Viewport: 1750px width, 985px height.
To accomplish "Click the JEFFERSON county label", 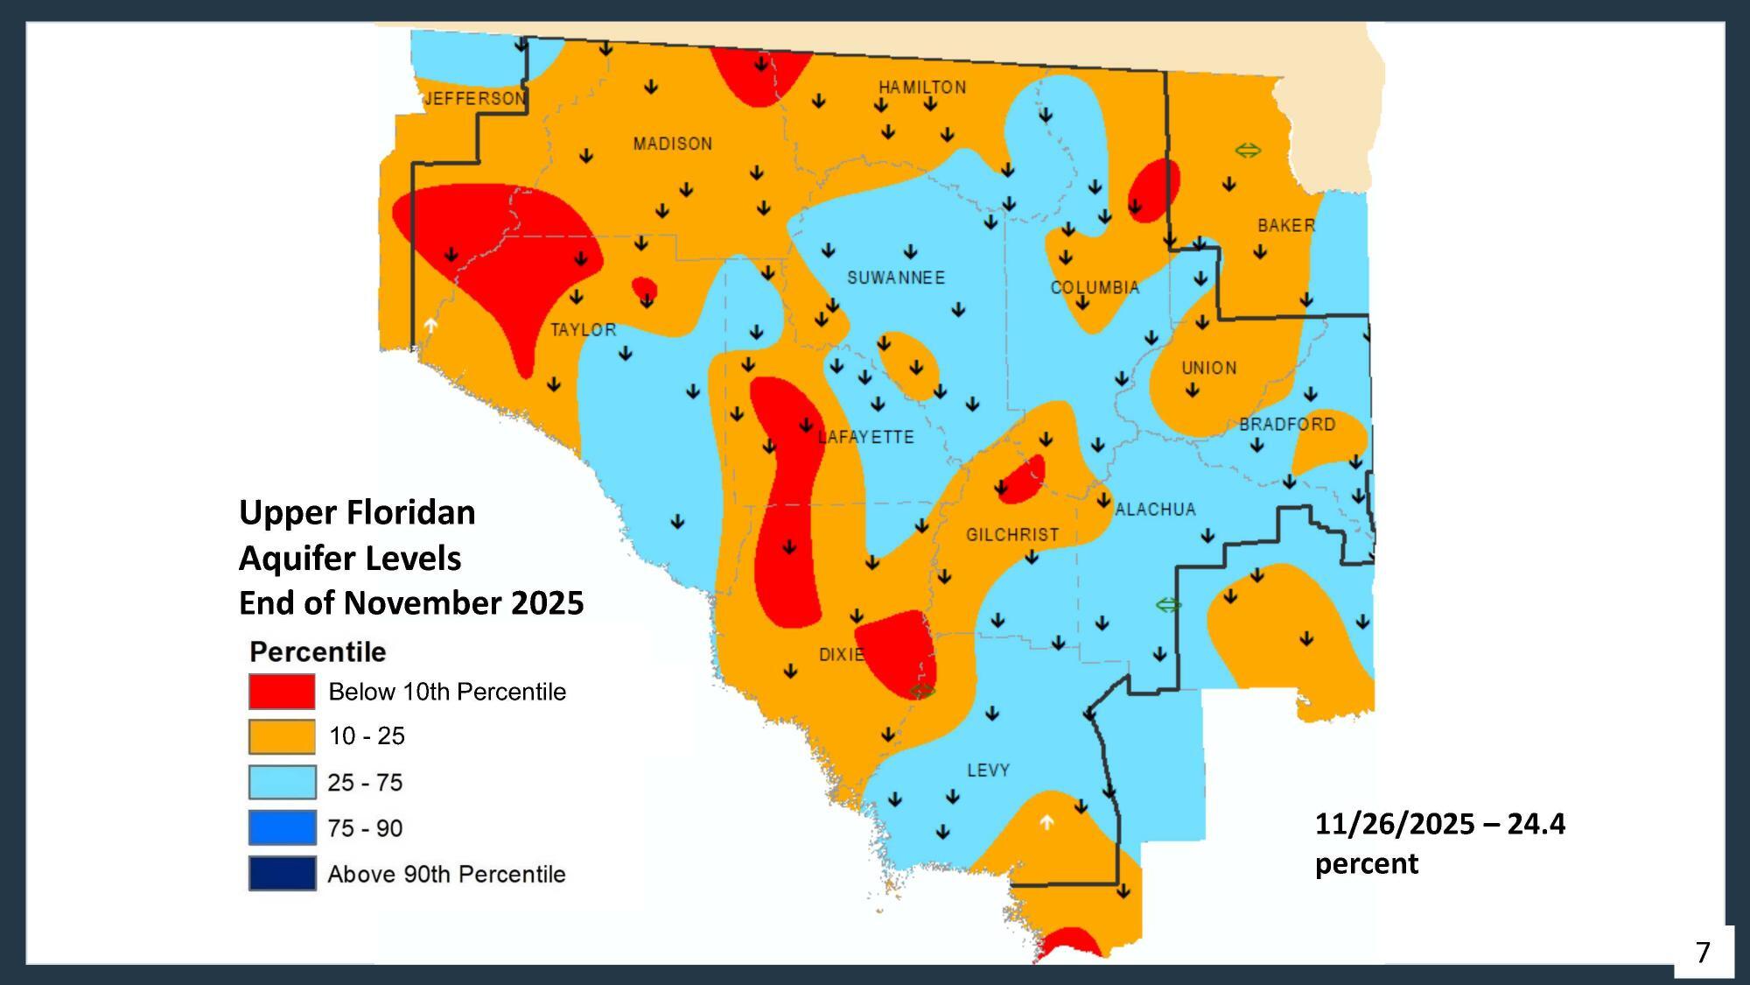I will (x=475, y=98).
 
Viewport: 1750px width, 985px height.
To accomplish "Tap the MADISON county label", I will (x=672, y=144).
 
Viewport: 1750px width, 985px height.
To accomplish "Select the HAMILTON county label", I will (x=922, y=87).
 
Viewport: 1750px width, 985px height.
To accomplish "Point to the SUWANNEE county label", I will (x=896, y=278).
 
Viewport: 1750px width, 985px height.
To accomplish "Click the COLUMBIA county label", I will (x=1095, y=287).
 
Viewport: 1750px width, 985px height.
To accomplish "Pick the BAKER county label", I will (x=1285, y=225).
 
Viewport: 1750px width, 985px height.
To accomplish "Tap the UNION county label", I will (x=1209, y=368).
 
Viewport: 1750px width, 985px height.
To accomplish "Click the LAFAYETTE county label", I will (x=866, y=437).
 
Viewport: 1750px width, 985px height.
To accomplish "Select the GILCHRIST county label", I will (x=1012, y=534).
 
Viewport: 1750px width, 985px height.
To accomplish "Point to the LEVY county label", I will (x=988, y=770).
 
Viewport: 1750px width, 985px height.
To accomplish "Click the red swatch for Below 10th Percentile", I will (x=282, y=691).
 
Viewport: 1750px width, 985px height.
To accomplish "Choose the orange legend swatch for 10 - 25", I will (x=282, y=736).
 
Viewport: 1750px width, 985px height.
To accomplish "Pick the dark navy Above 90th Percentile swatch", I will (x=282, y=873).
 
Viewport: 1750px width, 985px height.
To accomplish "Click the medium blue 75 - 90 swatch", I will (x=282, y=827).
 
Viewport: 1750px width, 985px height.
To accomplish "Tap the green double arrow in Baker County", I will (x=1248, y=151).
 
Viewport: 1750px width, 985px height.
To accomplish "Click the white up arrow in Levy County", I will (x=1046, y=822).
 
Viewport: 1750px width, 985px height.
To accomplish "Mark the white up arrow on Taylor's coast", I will (x=430, y=325).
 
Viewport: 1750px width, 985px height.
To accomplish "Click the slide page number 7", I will (x=1703, y=952).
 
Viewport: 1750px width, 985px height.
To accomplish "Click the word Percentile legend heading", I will (x=318, y=651).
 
